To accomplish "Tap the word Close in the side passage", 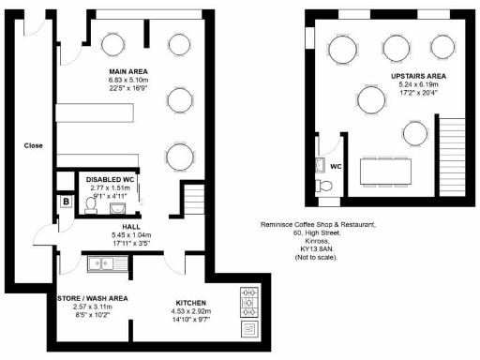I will [33, 145].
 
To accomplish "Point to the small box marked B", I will [67, 202].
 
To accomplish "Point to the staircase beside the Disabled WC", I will [194, 201].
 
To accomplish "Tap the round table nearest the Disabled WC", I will [177, 156].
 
